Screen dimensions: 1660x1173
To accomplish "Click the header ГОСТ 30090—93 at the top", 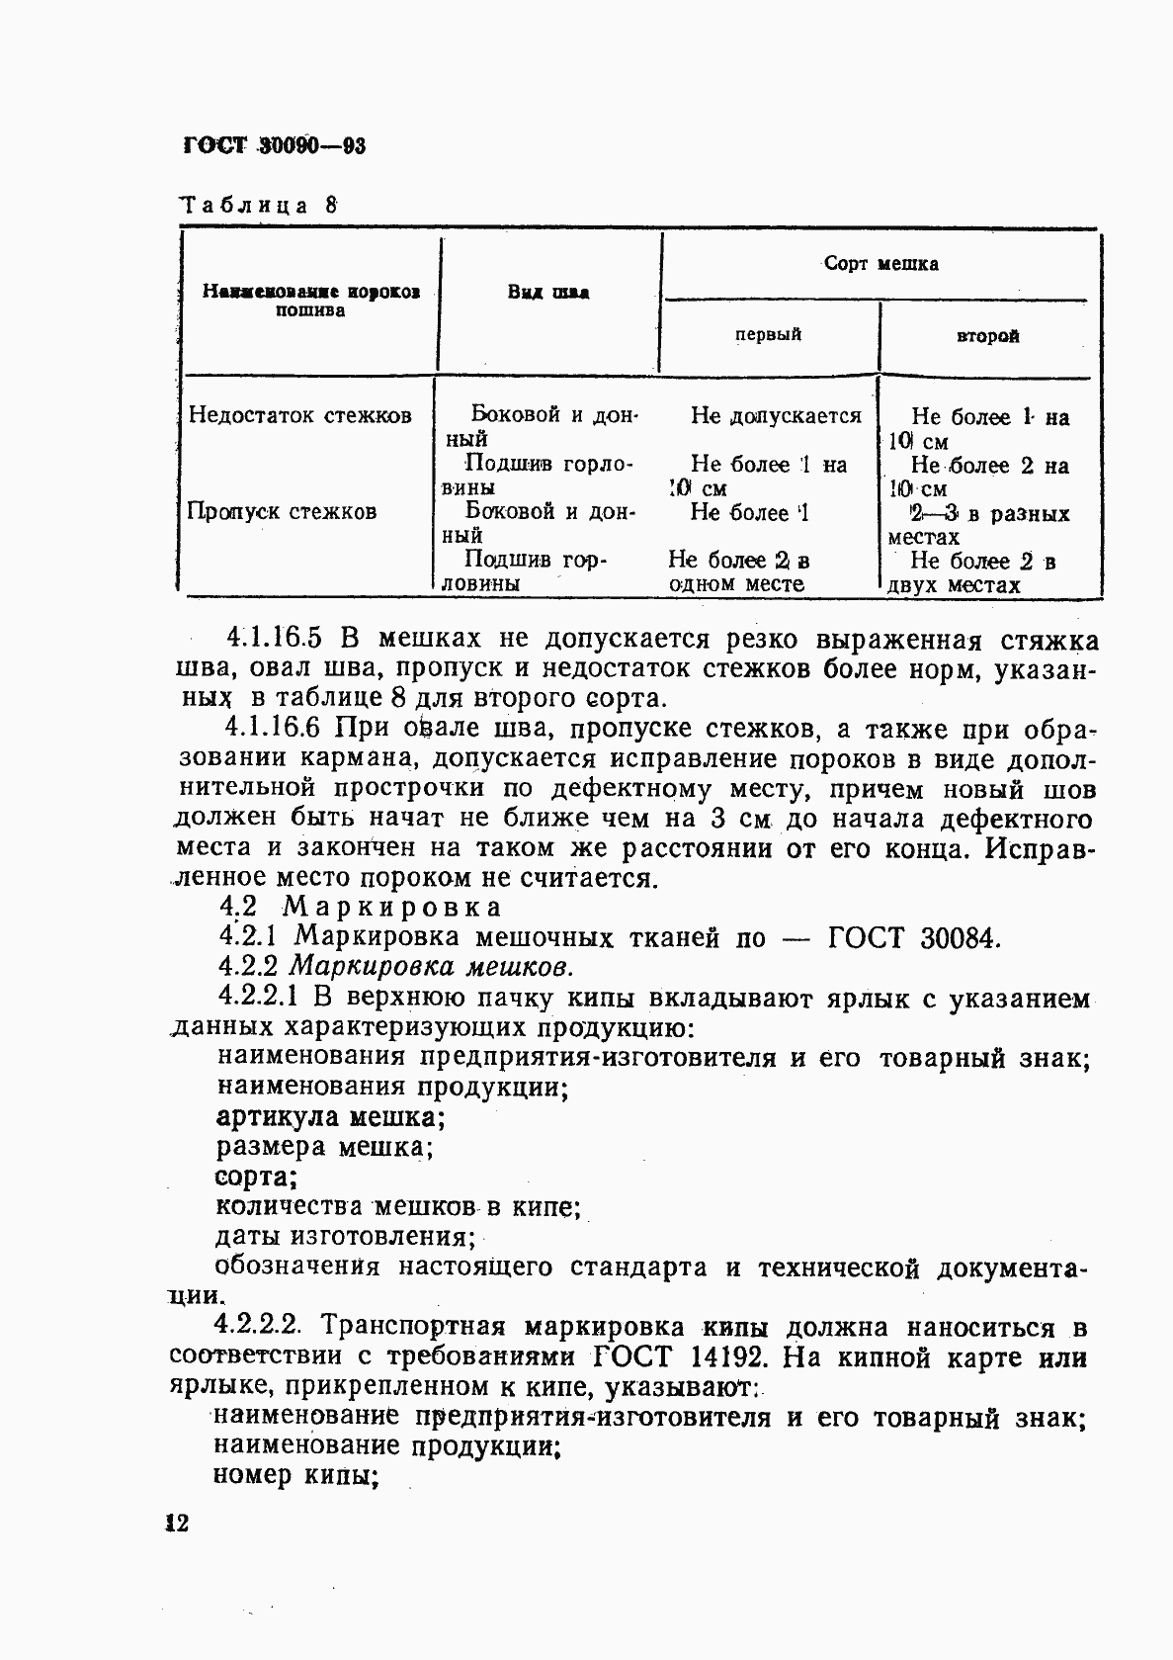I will (275, 147).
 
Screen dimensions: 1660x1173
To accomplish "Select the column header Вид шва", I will (548, 293).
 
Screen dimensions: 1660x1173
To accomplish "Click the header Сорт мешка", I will (880, 264).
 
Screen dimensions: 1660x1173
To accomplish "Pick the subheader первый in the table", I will (768, 335).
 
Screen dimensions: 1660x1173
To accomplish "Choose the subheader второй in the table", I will (987, 336).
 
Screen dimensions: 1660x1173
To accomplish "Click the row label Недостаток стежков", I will (299, 415).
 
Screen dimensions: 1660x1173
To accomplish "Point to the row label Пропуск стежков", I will (282, 511).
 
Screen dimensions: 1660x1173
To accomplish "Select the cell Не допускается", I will (776, 416).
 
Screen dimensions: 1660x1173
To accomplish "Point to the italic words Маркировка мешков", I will (432, 967).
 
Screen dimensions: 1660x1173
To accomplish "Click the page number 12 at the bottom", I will (176, 1523).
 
